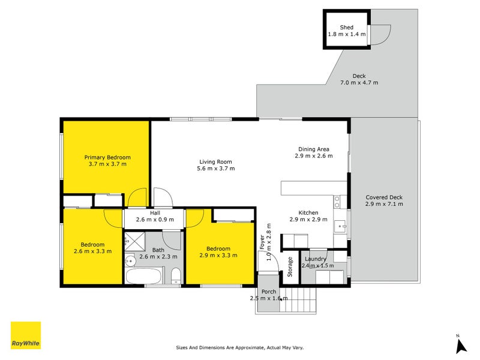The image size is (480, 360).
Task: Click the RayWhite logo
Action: point(26,335)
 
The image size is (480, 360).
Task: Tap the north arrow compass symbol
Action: point(461,345)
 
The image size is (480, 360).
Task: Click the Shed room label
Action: point(347,28)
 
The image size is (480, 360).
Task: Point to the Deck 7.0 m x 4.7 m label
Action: point(359,79)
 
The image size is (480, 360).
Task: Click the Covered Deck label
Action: point(384,197)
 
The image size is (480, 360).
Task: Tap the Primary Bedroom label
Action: point(107,157)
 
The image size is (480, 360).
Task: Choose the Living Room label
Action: point(215,161)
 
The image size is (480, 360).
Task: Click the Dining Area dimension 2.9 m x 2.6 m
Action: point(313,156)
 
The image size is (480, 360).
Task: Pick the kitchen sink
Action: point(340,226)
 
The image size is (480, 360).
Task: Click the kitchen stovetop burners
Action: point(337,202)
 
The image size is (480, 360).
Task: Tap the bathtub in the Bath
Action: point(143,276)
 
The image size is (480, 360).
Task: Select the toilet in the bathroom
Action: point(176,276)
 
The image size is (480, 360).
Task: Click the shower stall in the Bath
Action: point(134,242)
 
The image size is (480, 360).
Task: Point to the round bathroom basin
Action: point(130,262)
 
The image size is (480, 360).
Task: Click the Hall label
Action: point(155,213)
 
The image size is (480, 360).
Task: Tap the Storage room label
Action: point(290,266)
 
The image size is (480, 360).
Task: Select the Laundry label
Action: point(316,259)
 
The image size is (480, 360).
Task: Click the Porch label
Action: point(269,292)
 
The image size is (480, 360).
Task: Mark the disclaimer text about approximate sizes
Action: point(239,347)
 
